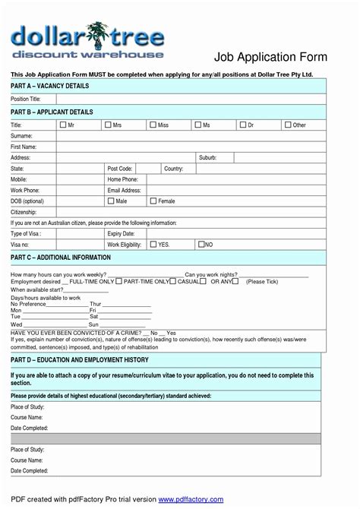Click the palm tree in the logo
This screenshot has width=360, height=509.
(x=96, y=34)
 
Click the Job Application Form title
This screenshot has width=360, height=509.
(x=270, y=57)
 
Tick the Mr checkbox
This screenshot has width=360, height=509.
(x=62, y=124)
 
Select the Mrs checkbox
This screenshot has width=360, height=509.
(x=108, y=124)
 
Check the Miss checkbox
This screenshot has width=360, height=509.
(x=153, y=124)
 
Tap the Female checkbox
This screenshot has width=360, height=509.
(x=153, y=201)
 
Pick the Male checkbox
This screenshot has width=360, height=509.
(x=111, y=201)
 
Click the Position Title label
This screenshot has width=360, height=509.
(x=26, y=100)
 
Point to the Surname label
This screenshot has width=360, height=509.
(x=21, y=135)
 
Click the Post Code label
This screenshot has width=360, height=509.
(x=120, y=169)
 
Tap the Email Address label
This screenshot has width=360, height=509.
(x=125, y=190)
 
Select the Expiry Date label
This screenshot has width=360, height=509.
(x=121, y=234)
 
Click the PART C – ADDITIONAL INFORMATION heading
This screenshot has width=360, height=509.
(x=61, y=258)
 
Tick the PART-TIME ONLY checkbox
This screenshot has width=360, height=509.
(x=118, y=282)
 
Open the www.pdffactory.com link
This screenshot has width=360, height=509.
(x=191, y=499)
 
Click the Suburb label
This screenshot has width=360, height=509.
(x=207, y=157)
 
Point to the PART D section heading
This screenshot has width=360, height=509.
(x=80, y=359)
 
